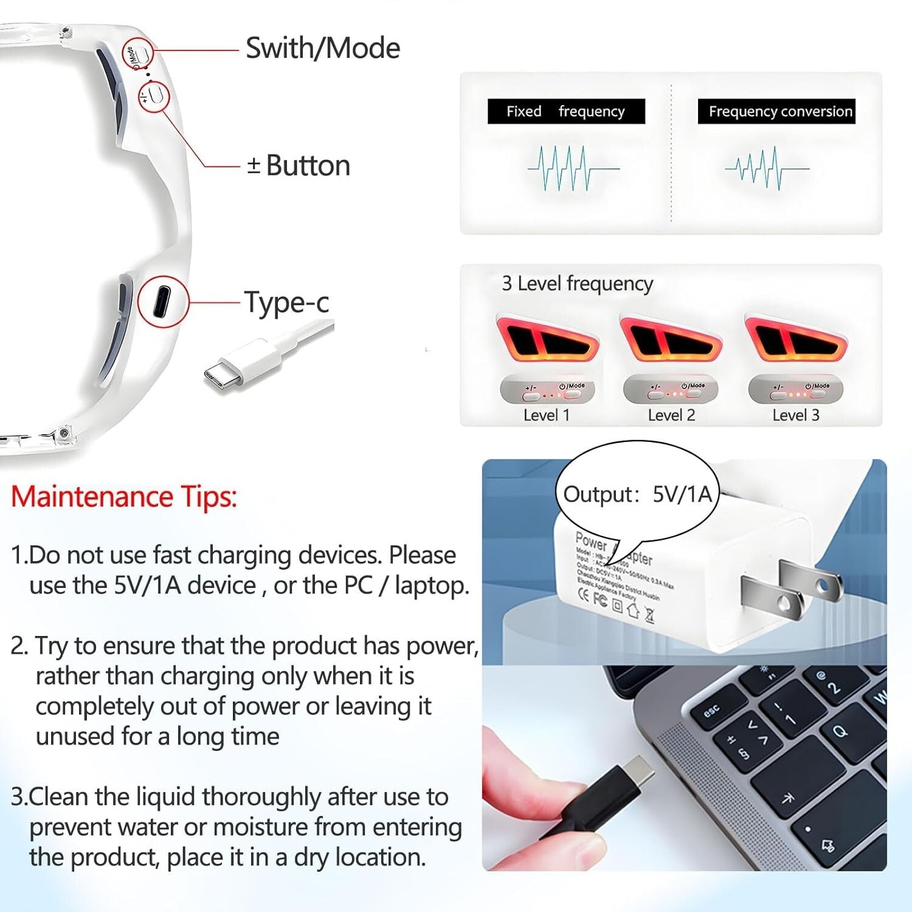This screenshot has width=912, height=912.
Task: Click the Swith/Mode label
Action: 322,48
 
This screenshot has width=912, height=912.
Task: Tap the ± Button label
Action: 299,165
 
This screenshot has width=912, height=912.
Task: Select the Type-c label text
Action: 286,302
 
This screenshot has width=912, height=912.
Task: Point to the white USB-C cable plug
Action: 237,365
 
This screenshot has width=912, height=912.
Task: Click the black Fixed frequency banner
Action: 565,111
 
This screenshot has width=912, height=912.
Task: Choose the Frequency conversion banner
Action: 776,111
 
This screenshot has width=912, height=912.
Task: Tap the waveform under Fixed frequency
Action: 572,168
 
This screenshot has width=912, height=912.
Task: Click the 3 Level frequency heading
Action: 577,283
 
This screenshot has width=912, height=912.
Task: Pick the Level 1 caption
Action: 546,415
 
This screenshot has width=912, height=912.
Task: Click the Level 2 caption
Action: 671,415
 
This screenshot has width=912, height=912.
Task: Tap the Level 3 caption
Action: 795,415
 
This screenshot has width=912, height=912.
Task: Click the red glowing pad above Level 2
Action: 671,340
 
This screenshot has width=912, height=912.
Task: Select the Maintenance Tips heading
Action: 123,497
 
